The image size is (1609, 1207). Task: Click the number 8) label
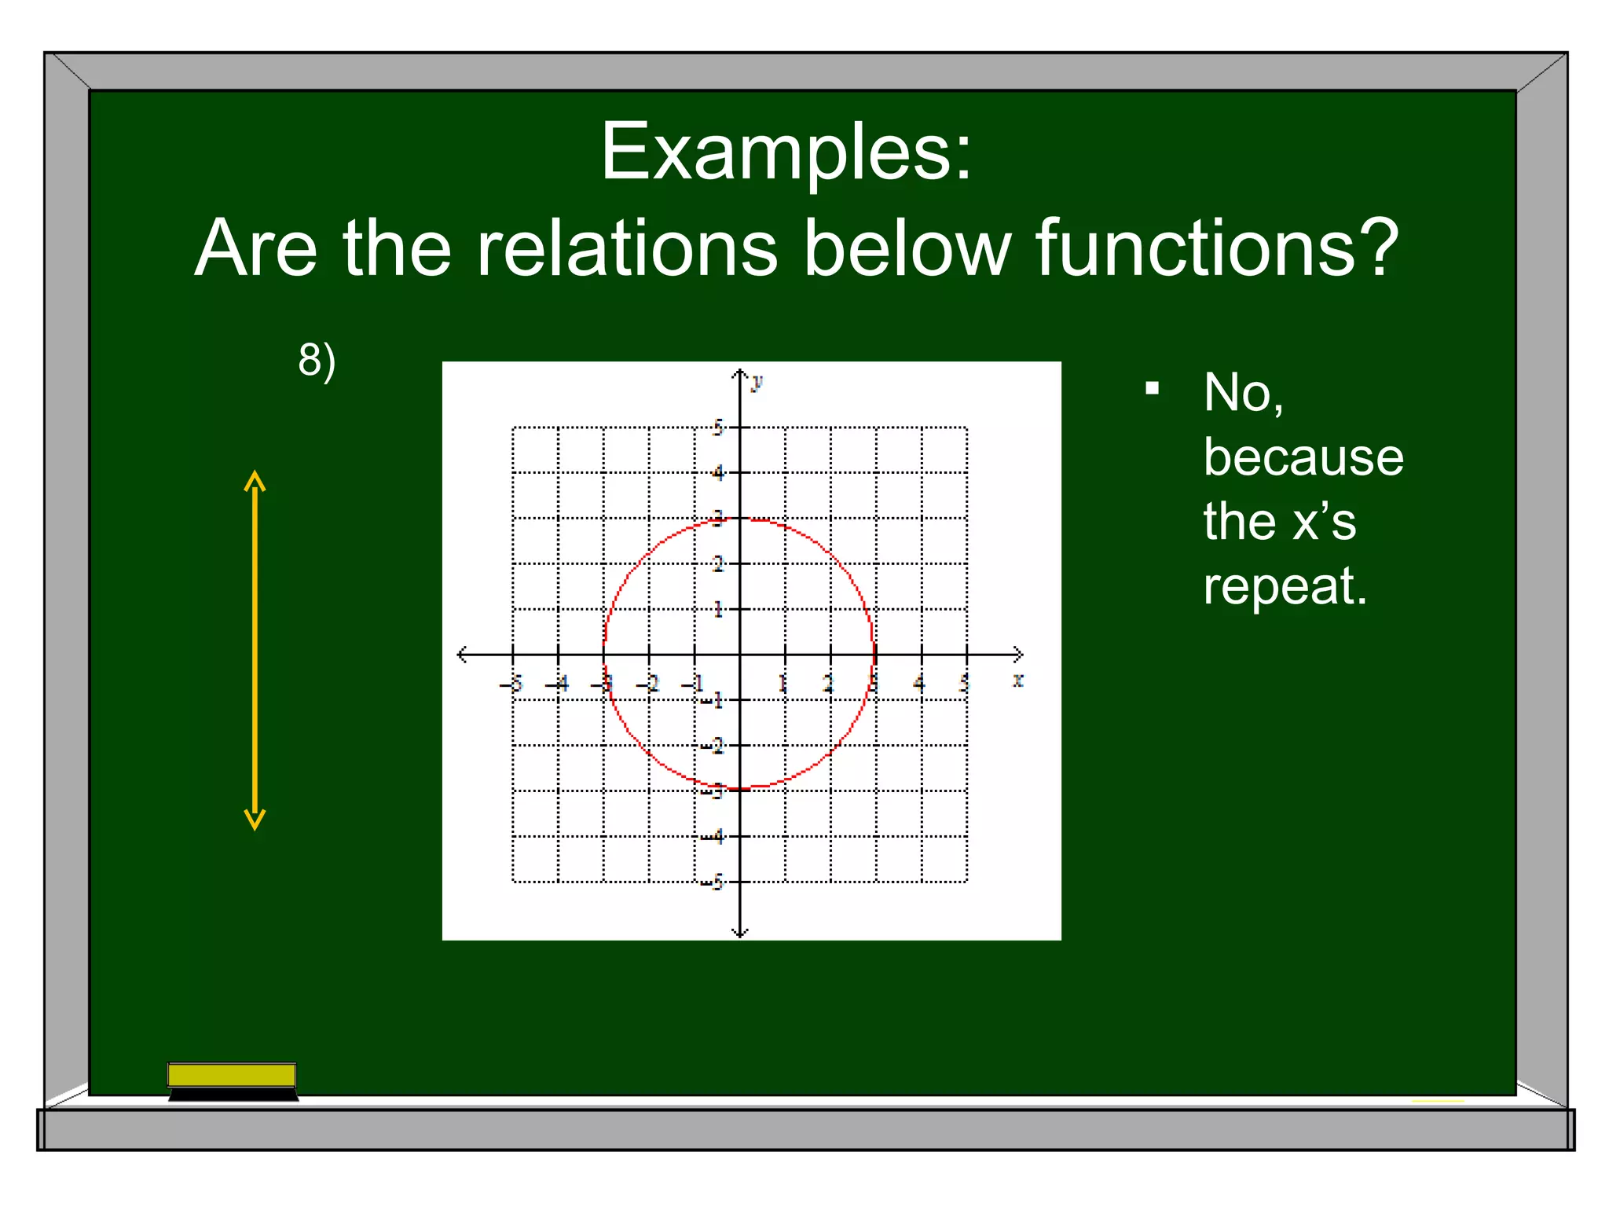coord(317,361)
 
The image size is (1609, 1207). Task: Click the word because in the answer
coord(1303,457)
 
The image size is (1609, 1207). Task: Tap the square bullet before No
coord(1152,388)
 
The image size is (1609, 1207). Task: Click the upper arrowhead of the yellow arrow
coord(255,479)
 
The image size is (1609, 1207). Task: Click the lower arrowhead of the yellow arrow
coord(255,821)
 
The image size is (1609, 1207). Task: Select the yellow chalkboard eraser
coord(232,1075)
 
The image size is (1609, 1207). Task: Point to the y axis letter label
coord(757,383)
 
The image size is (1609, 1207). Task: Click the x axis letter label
coord(1017,681)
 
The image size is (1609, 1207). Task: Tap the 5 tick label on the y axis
coord(717,427)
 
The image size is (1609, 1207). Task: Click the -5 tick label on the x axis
coord(511,684)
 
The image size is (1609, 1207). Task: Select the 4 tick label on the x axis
coord(918,684)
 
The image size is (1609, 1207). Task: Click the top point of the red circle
coord(739,519)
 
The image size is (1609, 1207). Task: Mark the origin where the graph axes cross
coord(739,654)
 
